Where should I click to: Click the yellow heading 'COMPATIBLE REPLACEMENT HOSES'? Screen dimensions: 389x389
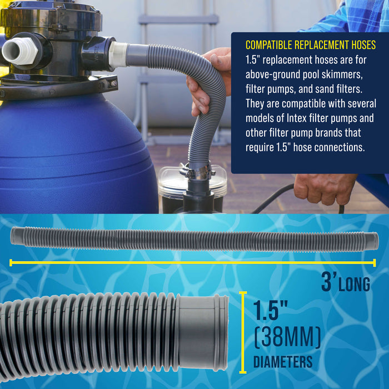click(310, 44)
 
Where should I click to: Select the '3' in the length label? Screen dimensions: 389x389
click(327, 281)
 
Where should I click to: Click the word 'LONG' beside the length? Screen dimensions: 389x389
click(353, 285)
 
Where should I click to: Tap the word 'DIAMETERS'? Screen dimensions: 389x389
click(283, 362)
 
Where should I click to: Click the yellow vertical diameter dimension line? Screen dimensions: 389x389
click(242, 332)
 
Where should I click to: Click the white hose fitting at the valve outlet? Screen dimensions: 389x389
click(118, 54)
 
